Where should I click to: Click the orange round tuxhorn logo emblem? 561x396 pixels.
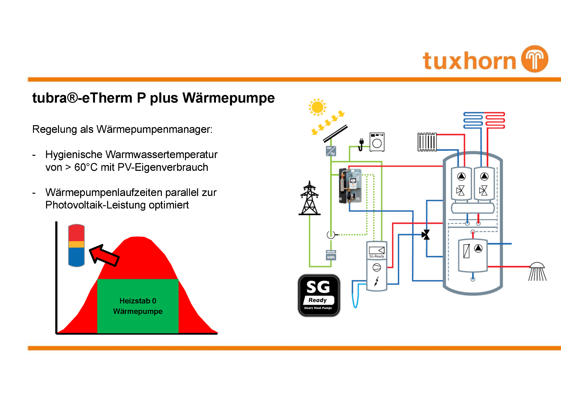pos(535,59)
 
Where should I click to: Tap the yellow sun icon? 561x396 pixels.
pos(317,107)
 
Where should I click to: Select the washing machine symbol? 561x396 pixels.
pos(377,142)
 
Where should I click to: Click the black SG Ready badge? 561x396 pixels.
pos(319,295)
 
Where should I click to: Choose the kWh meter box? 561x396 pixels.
pos(331,255)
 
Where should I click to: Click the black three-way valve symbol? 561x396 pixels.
pos(426,235)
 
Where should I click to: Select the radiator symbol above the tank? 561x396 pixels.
pos(427,142)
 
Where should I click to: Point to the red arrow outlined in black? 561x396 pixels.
pos(104,255)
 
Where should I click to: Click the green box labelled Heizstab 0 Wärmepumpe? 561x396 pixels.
pos(138,306)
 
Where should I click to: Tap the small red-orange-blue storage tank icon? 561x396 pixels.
pos(76,245)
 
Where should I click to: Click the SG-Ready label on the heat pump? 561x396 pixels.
pos(377,256)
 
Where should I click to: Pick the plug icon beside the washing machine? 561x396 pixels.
pos(361,144)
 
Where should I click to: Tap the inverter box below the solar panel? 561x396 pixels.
pos(331,151)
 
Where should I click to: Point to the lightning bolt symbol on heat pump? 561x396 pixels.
pos(377,281)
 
